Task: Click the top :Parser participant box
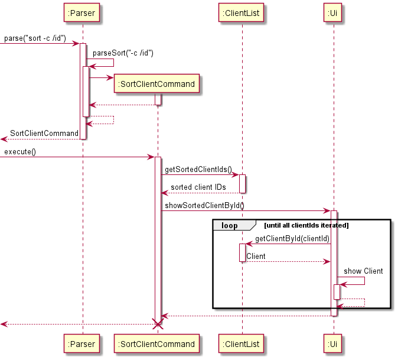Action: click(83, 12)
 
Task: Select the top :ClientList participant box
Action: click(242, 12)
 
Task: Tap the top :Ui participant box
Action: click(334, 12)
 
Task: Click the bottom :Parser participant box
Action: click(83, 344)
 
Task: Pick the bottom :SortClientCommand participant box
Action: click(157, 344)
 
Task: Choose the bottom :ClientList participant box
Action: click(242, 344)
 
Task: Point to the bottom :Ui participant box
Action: click(334, 344)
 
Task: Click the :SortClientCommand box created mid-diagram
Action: click(157, 84)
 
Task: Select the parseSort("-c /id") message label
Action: click(123, 53)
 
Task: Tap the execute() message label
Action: click(20, 152)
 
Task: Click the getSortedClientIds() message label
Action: click(198, 170)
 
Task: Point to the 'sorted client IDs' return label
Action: click(198, 187)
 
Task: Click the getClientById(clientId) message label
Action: click(292, 238)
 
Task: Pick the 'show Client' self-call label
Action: click(363, 271)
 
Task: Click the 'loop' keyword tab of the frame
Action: click(230, 225)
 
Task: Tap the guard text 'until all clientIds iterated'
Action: click(306, 225)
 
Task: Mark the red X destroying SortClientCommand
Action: click(158, 324)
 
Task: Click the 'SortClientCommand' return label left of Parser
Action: click(44, 134)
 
